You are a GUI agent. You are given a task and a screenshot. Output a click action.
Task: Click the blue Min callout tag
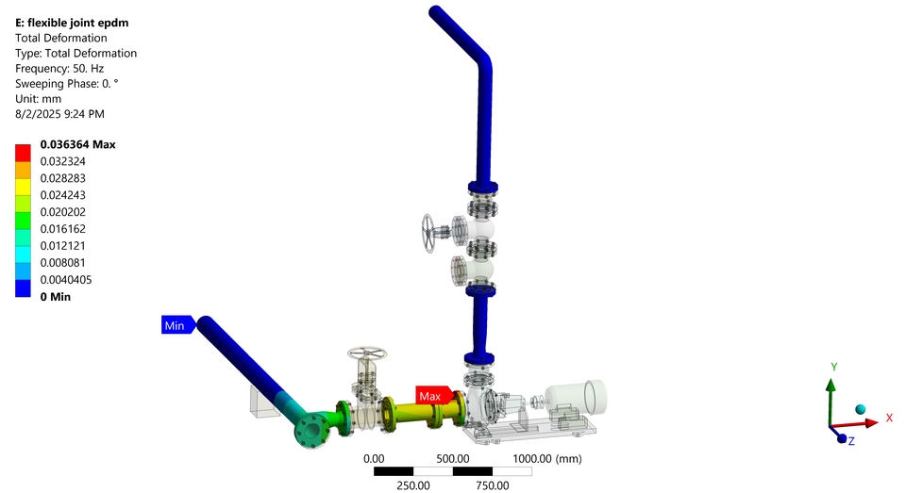[x=178, y=325]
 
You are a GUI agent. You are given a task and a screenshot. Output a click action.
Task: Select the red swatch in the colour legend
[x=23, y=153]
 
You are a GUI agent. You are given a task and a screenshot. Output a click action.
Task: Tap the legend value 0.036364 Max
[x=78, y=144]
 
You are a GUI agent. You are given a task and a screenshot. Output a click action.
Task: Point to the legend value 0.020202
[x=63, y=212]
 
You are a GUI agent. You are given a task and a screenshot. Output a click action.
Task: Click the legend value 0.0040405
[x=66, y=279]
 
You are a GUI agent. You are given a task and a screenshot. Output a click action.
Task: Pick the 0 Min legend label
[x=56, y=297]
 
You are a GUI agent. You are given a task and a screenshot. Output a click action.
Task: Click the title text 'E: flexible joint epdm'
[x=73, y=23]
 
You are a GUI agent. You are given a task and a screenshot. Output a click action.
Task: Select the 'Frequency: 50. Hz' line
[x=59, y=68]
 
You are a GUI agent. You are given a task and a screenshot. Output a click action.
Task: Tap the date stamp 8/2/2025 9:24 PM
[x=60, y=114]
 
